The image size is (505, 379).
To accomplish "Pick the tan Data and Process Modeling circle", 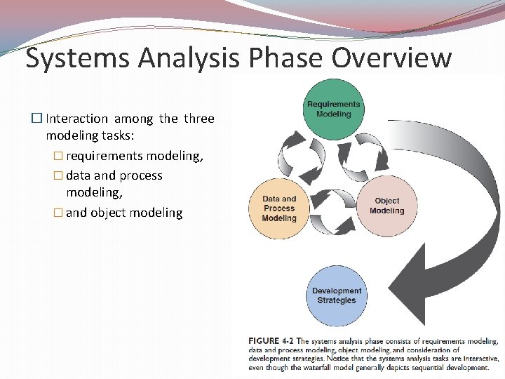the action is point(279,208).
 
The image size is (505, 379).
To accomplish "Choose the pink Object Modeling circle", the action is point(386,206).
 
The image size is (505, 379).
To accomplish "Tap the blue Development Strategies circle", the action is point(336,295).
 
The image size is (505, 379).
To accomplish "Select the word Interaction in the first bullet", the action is point(76,119).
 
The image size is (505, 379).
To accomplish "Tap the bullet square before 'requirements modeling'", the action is point(60,156).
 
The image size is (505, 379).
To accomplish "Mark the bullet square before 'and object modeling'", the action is point(60,213).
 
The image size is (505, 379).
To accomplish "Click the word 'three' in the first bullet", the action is point(198,119).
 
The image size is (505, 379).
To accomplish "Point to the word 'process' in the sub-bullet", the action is point(141,175).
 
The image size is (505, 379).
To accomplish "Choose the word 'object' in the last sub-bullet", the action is point(109,213).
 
